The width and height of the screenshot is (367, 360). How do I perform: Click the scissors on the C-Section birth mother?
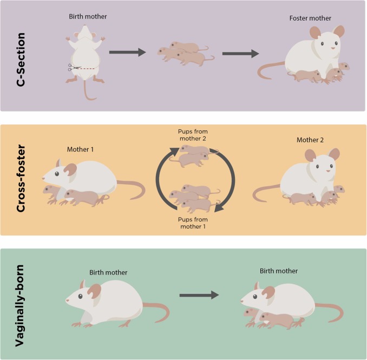[x=71, y=67]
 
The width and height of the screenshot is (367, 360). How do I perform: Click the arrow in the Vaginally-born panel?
[x=199, y=296]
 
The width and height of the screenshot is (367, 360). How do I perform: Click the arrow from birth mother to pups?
[x=128, y=53]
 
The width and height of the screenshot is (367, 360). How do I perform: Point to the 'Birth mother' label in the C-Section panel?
[x=89, y=16]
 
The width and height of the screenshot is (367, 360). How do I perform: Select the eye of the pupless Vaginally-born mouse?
[x=80, y=296]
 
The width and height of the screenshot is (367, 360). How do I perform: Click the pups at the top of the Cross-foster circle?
[x=191, y=157]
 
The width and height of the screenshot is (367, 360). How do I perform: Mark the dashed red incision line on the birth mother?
[x=86, y=69]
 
